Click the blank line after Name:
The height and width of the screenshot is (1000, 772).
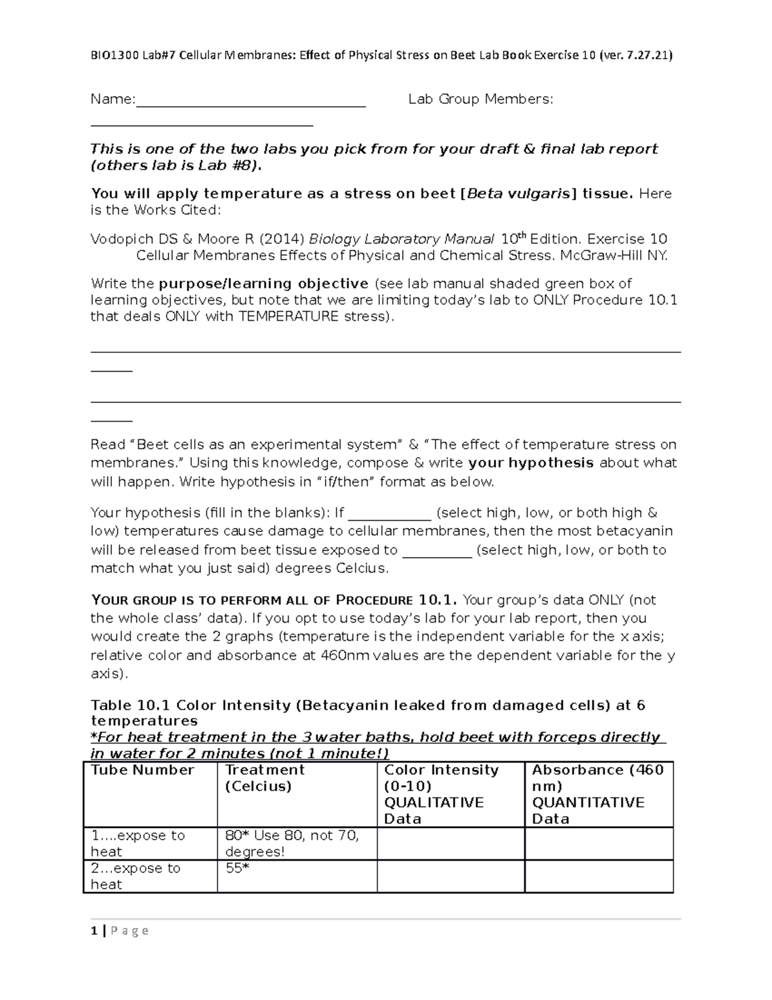click(251, 102)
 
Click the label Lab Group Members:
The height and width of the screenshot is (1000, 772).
click(481, 99)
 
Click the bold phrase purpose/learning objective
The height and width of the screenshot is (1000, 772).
click(264, 284)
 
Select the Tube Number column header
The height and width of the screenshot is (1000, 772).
click(142, 771)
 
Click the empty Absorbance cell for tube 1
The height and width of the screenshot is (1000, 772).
click(598, 844)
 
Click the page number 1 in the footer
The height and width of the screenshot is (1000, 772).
click(95, 931)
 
